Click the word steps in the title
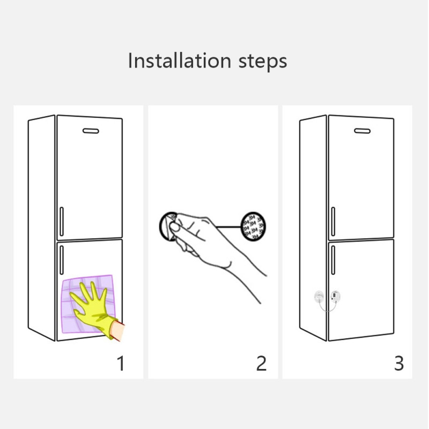(262, 62)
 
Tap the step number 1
(121, 363)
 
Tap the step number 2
(261, 363)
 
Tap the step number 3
(399, 363)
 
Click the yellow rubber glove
(95, 308)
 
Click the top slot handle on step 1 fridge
(91, 130)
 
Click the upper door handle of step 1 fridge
(61, 221)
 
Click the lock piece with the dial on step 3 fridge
(335, 295)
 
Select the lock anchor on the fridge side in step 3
(318, 295)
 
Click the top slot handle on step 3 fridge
(363, 130)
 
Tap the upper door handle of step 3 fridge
(333, 221)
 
